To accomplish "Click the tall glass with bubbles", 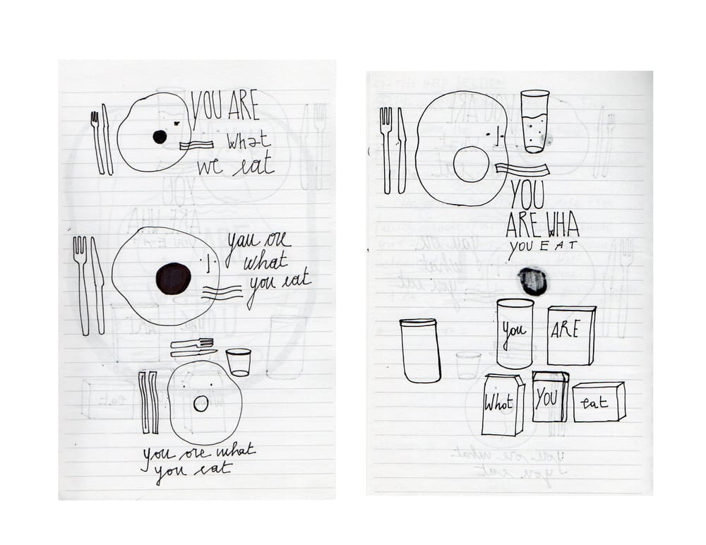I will pyautogui.click(x=534, y=121).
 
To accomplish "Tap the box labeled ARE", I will pyautogui.click(x=570, y=335).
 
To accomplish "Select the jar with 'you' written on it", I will pyautogui.click(x=515, y=333).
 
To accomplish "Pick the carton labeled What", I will pyautogui.click(x=502, y=405).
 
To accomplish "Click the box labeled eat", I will pyautogui.click(x=598, y=402).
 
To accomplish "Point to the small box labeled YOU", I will pyautogui.click(x=549, y=397).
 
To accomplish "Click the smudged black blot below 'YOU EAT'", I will pyautogui.click(x=532, y=281).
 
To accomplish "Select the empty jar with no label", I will pyautogui.click(x=420, y=351).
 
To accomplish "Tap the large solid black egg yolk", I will pyautogui.click(x=173, y=278).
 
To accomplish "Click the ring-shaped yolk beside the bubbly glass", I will pyautogui.click(x=471, y=164).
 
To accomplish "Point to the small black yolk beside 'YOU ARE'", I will pyautogui.click(x=160, y=137).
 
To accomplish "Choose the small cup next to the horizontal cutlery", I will pyautogui.click(x=239, y=361).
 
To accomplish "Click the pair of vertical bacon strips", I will pyautogui.click(x=148, y=402).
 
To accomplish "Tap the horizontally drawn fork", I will pyautogui.click(x=191, y=343).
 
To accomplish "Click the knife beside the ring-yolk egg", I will pyautogui.click(x=402, y=150).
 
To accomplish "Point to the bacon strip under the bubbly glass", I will pyautogui.click(x=522, y=169).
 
